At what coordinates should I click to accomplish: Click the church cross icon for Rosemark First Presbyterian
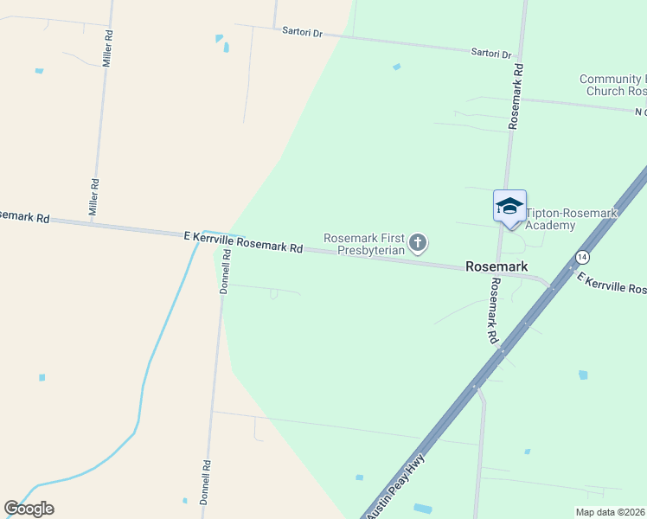point(418,243)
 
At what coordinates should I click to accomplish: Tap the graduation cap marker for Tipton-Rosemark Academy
point(509,207)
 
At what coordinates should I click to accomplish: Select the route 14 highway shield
point(582,258)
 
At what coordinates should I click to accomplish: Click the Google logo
point(29,509)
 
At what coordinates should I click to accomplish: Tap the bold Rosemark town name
point(496,267)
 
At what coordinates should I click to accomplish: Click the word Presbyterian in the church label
point(371,250)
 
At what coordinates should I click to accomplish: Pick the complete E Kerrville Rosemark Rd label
point(243,241)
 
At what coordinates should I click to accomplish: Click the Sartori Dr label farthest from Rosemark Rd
point(302,32)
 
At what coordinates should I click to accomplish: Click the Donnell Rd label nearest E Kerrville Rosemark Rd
point(225,272)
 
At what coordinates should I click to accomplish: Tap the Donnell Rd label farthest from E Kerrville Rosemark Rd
point(207,475)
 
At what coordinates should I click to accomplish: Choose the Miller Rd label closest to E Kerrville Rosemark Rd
point(96,197)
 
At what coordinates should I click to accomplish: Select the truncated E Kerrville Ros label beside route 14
point(612,285)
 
